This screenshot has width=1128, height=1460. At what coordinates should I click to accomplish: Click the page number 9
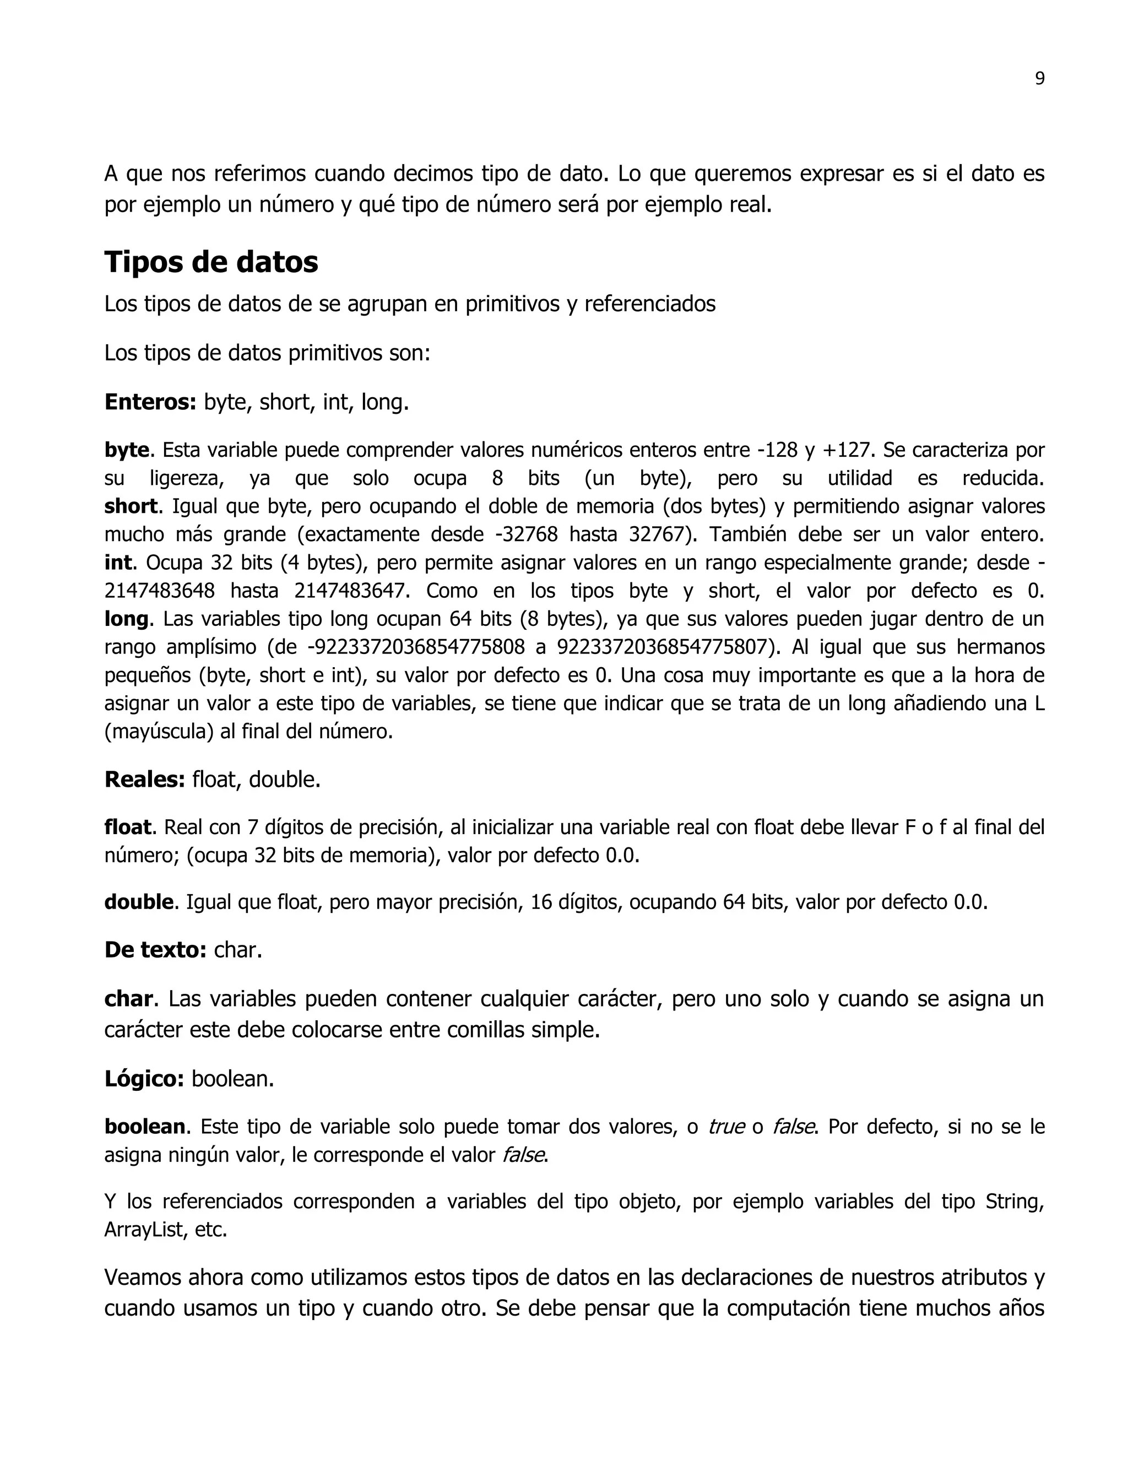pyautogui.click(x=1039, y=79)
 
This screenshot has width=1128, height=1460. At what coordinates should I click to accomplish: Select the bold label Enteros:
pyautogui.click(x=150, y=402)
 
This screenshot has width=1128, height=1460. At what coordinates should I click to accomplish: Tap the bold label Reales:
pyautogui.click(x=144, y=779)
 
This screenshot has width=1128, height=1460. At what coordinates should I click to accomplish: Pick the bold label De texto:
pyautogui.click(x=155, y=949)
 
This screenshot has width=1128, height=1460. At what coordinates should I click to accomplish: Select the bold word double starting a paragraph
pyautogui.click(x=138, y=902)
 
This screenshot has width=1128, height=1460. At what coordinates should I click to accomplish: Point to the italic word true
pyautogui.click(x=726, y=1127)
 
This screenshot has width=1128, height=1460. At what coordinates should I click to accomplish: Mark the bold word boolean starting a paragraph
pyautogui.click(x=144, y=1127)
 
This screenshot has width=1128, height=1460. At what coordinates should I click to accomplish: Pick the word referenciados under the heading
pyautogui.click(x=649, y=304)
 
